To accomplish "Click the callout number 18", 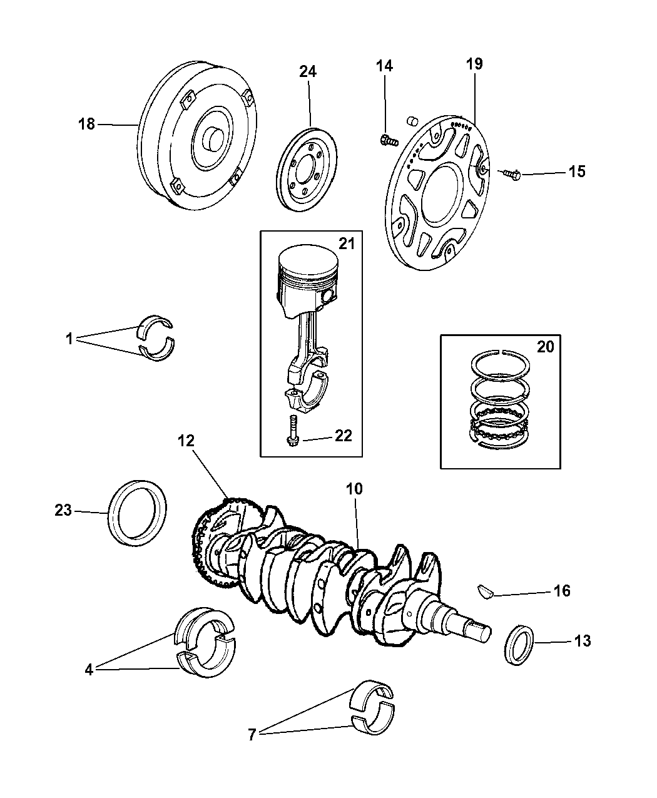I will [x=86, y=124].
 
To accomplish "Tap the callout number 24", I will [x=307, y=71].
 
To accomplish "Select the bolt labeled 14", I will [x=388, y=141].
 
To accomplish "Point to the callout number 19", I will [x=474, y=64].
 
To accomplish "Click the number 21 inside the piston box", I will [x=346, y=243].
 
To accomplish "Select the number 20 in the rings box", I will [x=545, y=347].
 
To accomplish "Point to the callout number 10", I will [x=354, y=488].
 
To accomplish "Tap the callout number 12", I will [x=186, y=441].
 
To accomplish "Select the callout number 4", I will [x=89, y=670].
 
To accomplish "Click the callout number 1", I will [x=69, y=339].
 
